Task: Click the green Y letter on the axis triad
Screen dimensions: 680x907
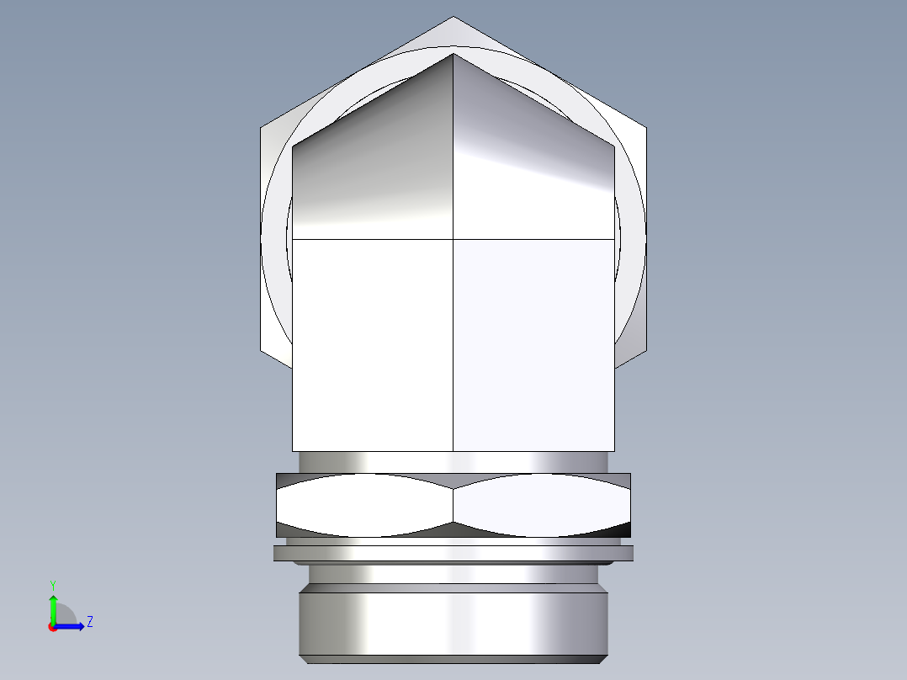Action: point(52,584)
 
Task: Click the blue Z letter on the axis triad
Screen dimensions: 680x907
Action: point(89,622)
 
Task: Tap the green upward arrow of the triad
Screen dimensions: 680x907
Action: point(53,604)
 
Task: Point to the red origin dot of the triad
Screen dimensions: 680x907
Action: point(52,627)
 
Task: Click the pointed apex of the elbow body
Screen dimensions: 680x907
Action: point(453,54)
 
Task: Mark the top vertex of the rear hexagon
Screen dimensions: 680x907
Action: point(453,17)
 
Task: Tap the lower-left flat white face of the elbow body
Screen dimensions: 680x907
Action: point(373,345)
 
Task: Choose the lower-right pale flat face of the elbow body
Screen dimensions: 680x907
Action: point(533,345)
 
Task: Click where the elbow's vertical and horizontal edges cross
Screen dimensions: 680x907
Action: point(453,239)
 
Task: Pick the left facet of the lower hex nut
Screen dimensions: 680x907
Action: point(364,505)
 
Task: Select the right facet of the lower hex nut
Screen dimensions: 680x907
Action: point(542,505)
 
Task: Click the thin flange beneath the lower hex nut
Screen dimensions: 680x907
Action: point(453,553)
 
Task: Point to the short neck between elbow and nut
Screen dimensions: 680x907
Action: point(453,462)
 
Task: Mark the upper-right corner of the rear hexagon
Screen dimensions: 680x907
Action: point(645,128)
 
